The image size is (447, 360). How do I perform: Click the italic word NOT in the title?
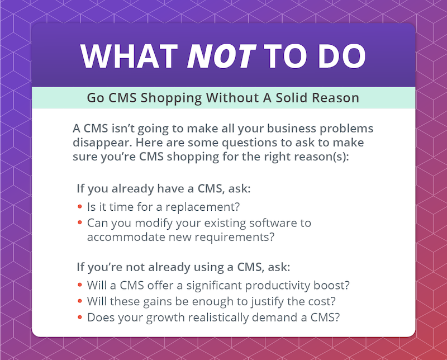(x=221, y=56)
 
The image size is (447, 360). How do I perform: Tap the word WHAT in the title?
(x=129, y=56)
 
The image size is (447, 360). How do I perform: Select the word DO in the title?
(x=342, y=56)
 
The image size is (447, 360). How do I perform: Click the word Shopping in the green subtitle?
(x=171, y=98)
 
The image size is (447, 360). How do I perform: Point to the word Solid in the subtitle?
(x=291, y=98)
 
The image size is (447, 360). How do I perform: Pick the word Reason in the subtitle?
(x=335, y=98)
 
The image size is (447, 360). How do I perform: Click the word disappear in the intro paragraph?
(x=102, y=143)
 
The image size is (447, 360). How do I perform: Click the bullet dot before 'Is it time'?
(x=80, y=206)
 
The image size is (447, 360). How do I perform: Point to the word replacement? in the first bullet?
(x=203, y=207)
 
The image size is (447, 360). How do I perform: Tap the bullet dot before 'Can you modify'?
(x=80, y=222)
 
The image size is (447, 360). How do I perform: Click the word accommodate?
(x=126, y=237)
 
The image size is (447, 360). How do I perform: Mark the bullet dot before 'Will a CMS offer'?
(x=80, y=285)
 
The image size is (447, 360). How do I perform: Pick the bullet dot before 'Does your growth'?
(x=80, y=316)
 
